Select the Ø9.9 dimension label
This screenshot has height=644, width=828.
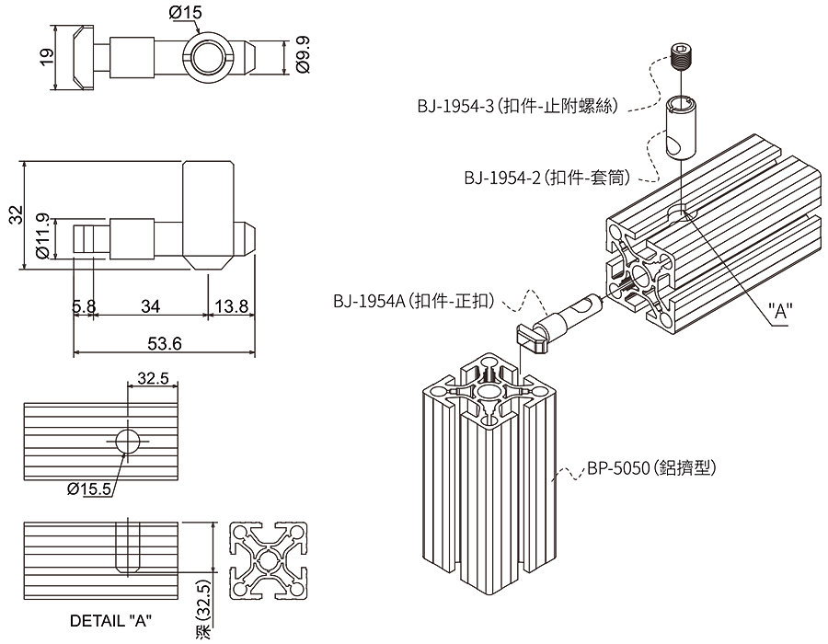[303, 55]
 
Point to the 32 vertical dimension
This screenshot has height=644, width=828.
[15, 215]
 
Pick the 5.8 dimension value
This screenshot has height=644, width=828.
[84, 306]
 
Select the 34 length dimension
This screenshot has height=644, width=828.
[147, 306]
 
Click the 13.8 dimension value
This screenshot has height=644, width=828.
[230, 306]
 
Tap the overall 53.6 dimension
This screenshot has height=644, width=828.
[165, 343]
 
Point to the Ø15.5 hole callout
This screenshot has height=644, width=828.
[89, 488]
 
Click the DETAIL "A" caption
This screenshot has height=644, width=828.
[110, 620]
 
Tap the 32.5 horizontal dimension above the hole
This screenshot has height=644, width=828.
[153, 377]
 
